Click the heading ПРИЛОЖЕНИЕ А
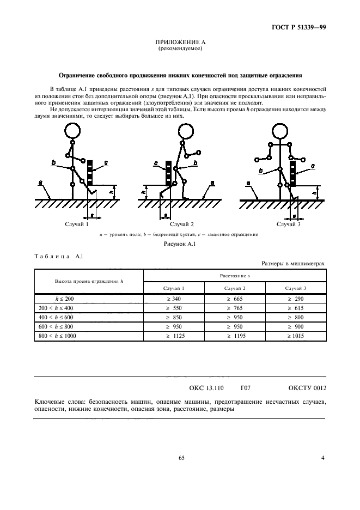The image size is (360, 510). click(180, 42)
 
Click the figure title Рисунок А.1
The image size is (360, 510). click(180, 244)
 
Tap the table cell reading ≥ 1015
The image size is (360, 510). click(296, 336)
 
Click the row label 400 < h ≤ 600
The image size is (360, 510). click(56, 317)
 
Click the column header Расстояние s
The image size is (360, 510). click(235, 276)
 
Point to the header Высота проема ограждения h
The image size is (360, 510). click(89, 281)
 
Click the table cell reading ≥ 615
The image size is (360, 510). click(296, 308)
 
